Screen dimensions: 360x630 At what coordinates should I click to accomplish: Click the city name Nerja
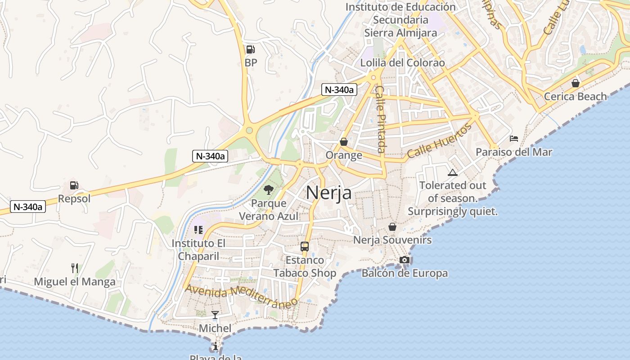tap(328, 193)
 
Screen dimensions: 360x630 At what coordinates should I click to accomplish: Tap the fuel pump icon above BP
tap(250, 49)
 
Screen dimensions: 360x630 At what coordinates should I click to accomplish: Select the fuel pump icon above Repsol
tap(74, 185)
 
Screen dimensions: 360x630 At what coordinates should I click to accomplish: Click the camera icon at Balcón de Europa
tap(404, 260)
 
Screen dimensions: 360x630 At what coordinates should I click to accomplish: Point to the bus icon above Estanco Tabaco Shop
tap(305, 247)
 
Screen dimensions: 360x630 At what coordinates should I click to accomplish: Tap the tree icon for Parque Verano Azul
tap(269, 190)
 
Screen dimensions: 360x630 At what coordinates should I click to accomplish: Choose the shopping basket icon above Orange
tap(344, 142)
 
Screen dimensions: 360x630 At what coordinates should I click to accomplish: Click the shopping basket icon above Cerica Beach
tap(575, 83)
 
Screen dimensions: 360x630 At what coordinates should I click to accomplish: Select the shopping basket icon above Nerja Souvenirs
tap(392, 227)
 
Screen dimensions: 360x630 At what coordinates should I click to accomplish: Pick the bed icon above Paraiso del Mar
tap(514, 139)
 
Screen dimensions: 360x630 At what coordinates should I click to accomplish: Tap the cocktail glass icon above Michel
tap(215, 315)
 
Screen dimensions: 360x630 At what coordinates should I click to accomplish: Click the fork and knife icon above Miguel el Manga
tap(75, 268)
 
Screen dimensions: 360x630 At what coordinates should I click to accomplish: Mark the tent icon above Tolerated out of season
tap(453, 172)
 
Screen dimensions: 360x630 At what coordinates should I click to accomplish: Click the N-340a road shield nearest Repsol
tap(28, 207)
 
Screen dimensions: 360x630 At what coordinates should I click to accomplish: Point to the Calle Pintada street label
tap(381, 119)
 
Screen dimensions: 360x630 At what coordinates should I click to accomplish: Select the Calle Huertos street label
tap(440, 141)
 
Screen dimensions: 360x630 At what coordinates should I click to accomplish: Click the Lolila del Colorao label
tap(402, 63)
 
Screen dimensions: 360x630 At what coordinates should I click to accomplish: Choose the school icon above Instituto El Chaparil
tap(198, 230)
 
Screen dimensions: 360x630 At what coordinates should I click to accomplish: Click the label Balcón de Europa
tap(405, 273)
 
